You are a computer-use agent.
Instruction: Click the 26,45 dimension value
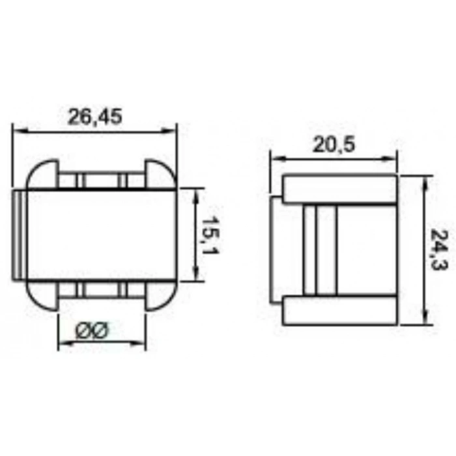click(x=95, y=117)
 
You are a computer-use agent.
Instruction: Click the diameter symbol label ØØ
click(x=93, y=331)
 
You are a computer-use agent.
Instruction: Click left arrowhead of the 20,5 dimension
click(x=274, y=158)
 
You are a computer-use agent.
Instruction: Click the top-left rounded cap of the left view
click(x=42, y=175)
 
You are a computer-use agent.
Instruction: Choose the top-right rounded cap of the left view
click(x=160, y=175)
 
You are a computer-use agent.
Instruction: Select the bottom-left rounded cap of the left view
click(x=42, y=295)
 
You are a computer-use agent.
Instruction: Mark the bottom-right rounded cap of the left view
click(x=160, y=295)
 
